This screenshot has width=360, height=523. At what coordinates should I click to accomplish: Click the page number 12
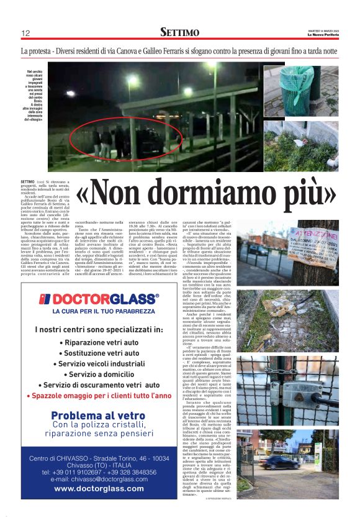(25, 32)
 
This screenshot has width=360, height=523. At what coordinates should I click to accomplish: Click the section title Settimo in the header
(179, 32)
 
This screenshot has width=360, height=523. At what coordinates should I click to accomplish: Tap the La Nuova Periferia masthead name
(323, 34)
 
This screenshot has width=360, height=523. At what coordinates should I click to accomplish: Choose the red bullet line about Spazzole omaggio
(99, 396)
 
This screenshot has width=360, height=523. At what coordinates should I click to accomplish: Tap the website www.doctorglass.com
(99, 489)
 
